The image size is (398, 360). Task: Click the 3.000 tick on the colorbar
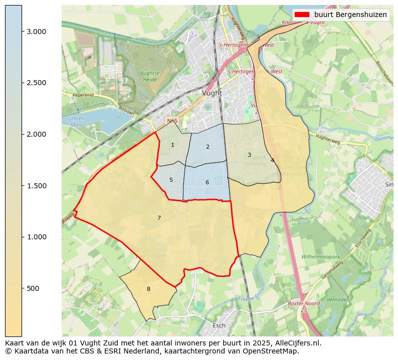pos(36,32)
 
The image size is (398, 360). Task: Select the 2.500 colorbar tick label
pos(36,83)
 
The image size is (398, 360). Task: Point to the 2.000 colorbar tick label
pos(36,134)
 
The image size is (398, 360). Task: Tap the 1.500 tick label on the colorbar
pos(36,186)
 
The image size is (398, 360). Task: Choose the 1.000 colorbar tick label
pos(36,237)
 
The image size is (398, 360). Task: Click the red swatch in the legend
pos(302,15)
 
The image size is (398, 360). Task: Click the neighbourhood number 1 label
pos(172,145)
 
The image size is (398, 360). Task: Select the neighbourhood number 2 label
pos(208,147)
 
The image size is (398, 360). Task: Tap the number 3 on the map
pos(249,155)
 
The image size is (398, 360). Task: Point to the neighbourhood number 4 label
pos(272,161)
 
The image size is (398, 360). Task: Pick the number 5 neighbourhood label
pos(171,180)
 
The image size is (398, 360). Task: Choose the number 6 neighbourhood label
pos(207,183)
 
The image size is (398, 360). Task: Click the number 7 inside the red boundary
pos(159,218)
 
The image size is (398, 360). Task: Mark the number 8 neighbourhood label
pos(148,289)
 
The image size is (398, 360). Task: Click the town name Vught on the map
pos(212,93)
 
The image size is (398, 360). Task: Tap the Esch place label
pos(219,325)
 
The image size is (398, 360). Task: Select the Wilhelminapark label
pos(321,257)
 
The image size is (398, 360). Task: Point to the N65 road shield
pos(172,121)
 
